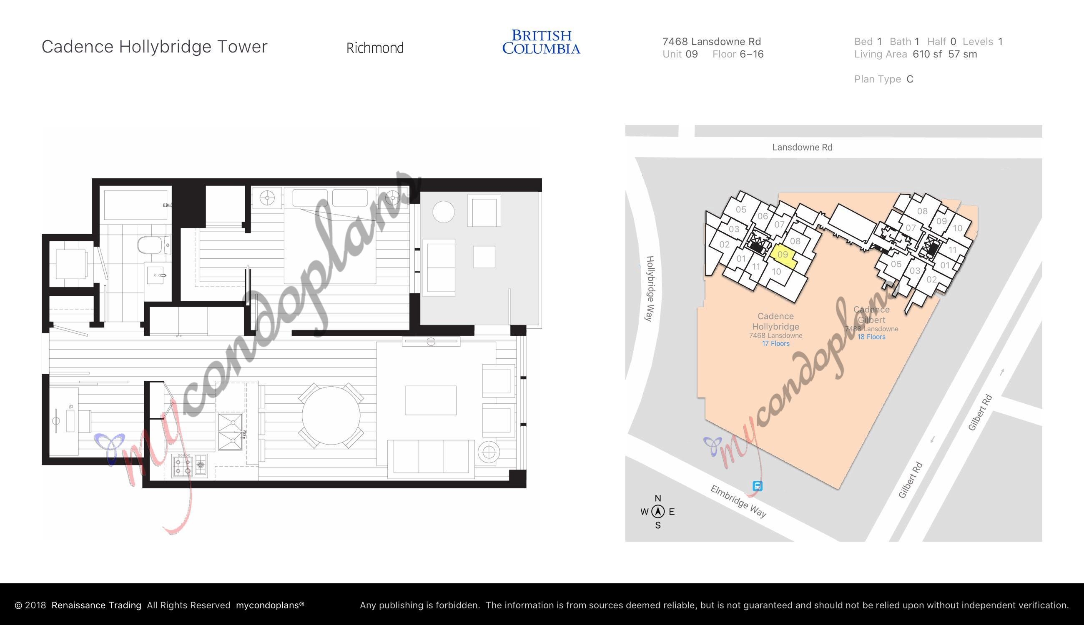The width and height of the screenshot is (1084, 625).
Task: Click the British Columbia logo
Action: [541, 42]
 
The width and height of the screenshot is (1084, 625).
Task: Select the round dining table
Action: [331, 415]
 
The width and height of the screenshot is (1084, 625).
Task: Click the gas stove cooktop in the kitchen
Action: [189, 465]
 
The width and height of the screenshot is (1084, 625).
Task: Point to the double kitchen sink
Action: [231, 431]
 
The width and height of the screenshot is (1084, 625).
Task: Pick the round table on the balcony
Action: [444, 212]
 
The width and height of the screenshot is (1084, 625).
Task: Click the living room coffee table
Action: [431, 400]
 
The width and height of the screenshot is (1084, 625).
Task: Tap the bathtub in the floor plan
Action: [136, 205]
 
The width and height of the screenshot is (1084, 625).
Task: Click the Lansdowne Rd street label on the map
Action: [802, 147]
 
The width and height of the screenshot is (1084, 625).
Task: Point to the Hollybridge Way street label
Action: [650, 288]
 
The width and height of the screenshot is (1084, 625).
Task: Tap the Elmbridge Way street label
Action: [738, 501]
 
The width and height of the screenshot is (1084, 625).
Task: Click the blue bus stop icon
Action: [758, 486]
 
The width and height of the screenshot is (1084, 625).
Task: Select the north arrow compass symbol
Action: [657, 512]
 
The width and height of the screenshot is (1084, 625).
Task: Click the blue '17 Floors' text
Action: [775, 343]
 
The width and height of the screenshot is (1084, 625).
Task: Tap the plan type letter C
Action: [910, 79]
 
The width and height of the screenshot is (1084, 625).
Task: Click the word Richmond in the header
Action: [375, 47]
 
